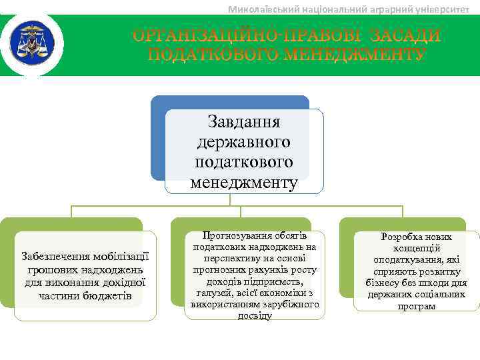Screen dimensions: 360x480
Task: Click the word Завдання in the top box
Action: point(244,122)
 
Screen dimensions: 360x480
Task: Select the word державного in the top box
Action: point(244,142)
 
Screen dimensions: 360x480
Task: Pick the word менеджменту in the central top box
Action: point(244,181)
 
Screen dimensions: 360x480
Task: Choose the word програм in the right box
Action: point(416,306)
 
